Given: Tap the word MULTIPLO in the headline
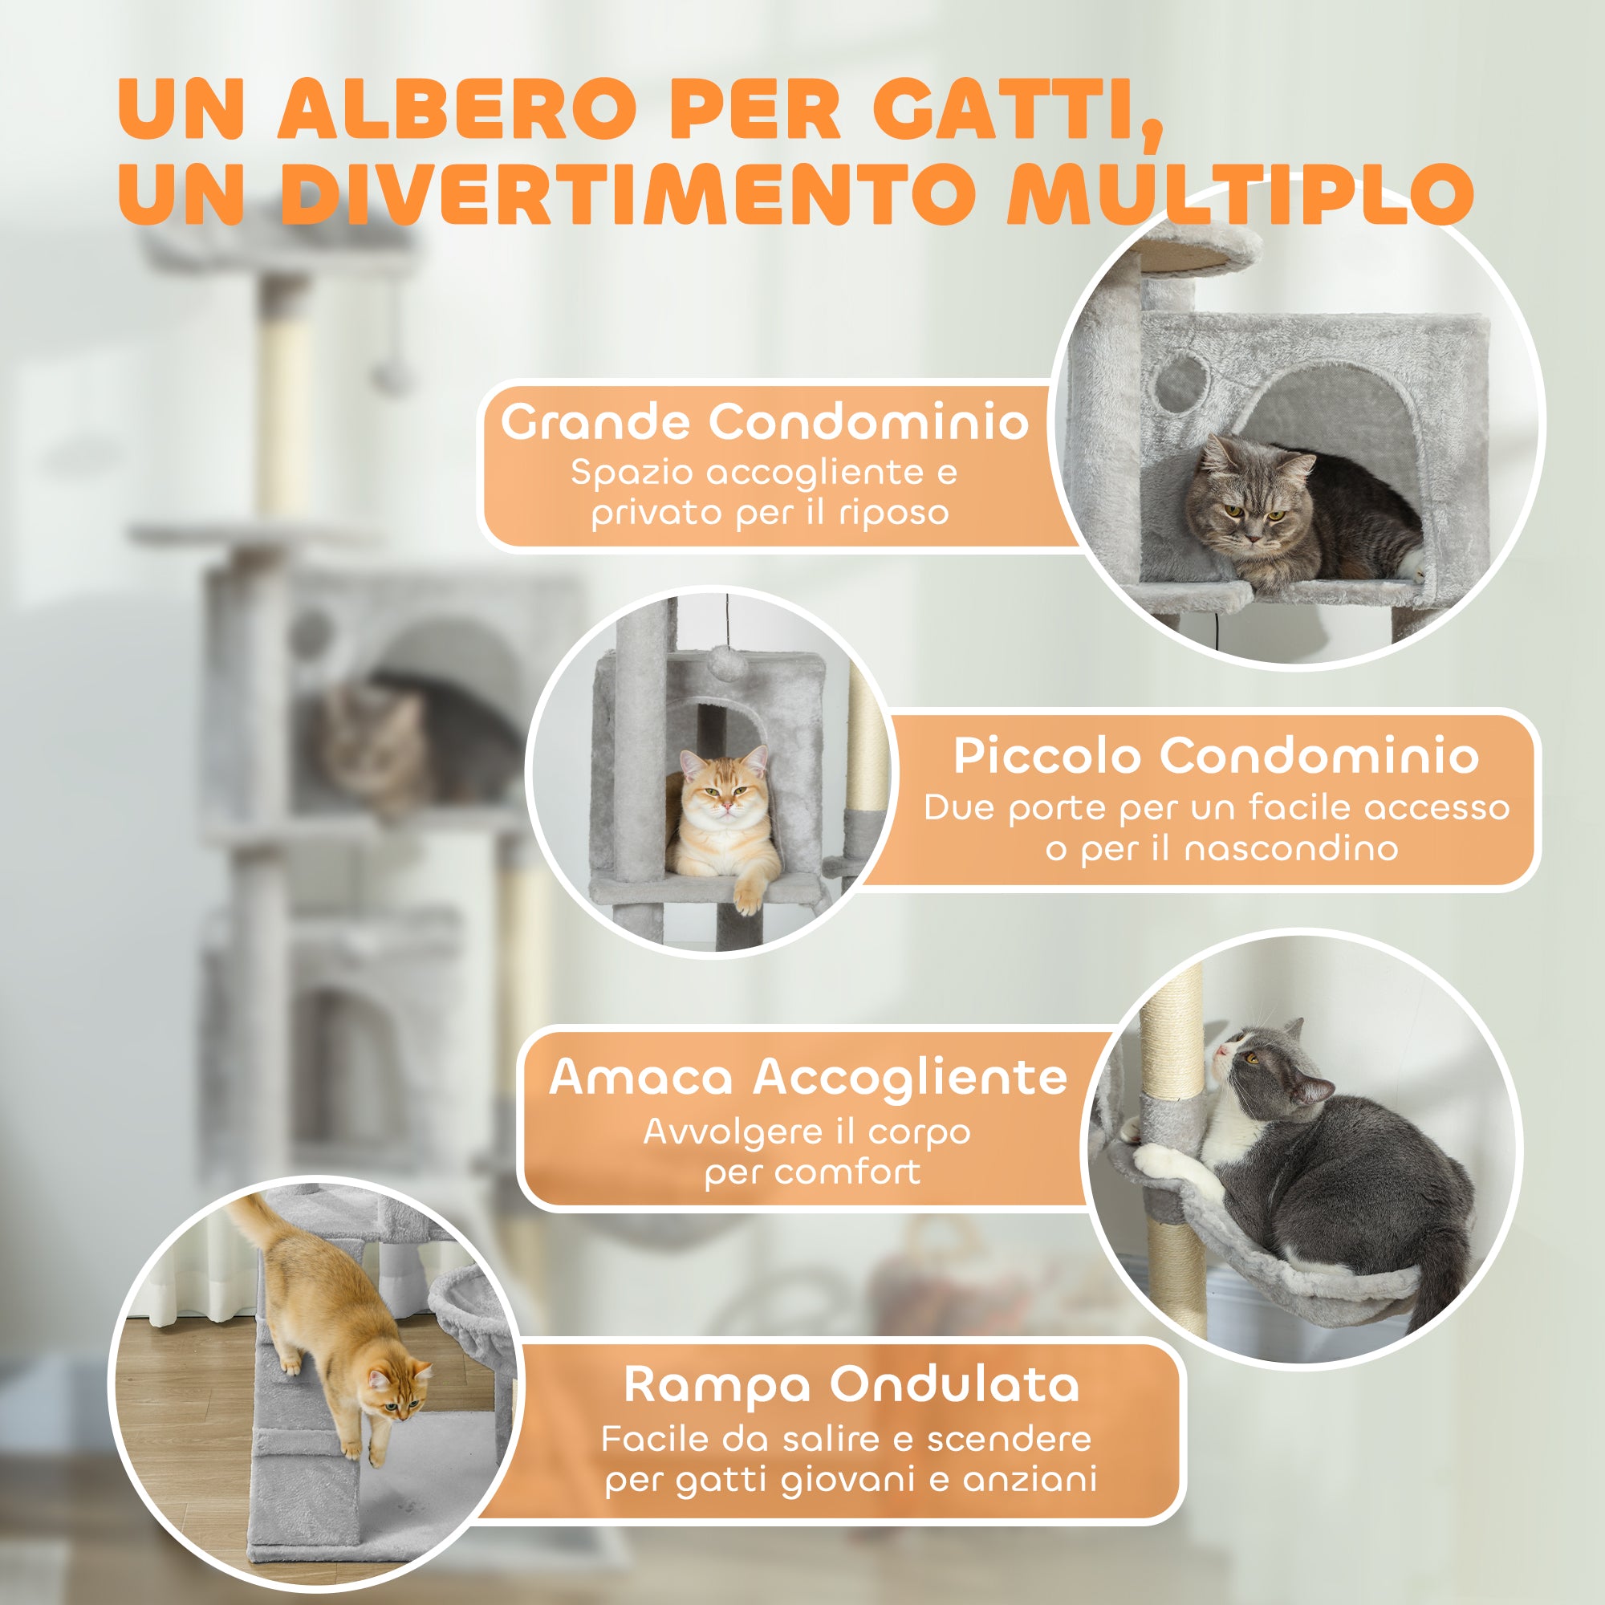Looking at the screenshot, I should pos(1237,193).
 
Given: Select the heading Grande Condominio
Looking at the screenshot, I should pos(764,422).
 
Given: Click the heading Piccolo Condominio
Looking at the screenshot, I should pos(1215,756).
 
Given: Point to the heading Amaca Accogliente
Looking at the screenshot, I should pos(808,1078).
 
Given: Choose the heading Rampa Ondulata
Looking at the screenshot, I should pos(851,1385).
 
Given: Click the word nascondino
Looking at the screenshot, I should pos(1291,849).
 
